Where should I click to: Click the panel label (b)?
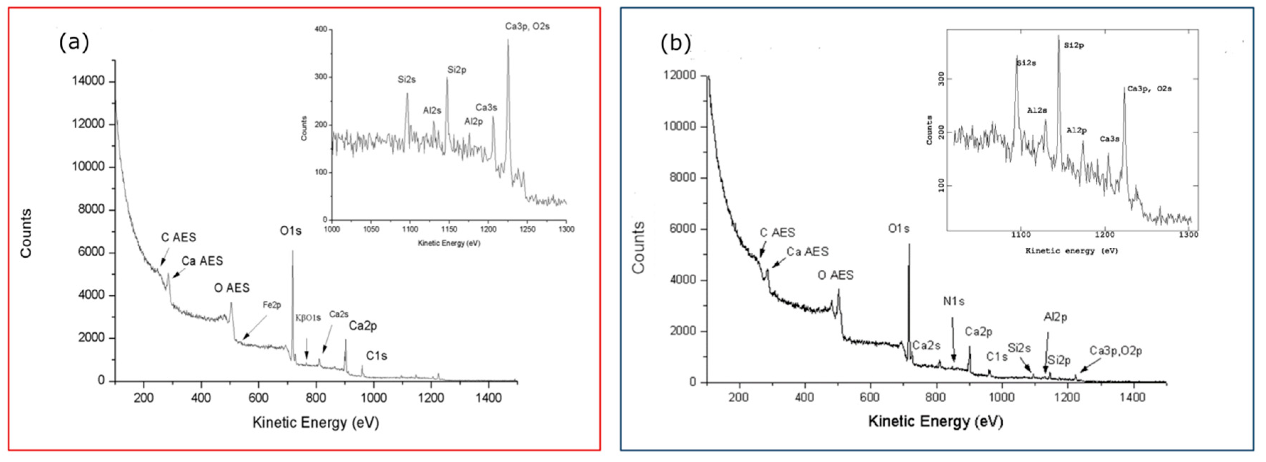(x=675, y=44)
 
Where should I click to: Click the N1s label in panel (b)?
(x=954, y=301)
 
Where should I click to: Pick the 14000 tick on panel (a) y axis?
(x=88, y=81)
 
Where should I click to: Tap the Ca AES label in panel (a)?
(x=202, y=261)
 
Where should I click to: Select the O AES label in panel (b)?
(x=836, y=275)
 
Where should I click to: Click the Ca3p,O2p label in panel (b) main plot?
(x=1116, y=351)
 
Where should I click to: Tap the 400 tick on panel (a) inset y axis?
(x=321, y=29)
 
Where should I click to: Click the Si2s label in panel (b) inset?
(x=1026, y=63)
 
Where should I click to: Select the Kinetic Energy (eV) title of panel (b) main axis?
(x=935, y=421)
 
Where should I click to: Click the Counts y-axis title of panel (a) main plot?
(x=26, y=233)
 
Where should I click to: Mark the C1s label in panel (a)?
(x=376, y=356)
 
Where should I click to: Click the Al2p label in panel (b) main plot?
(x=1055, y=317)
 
